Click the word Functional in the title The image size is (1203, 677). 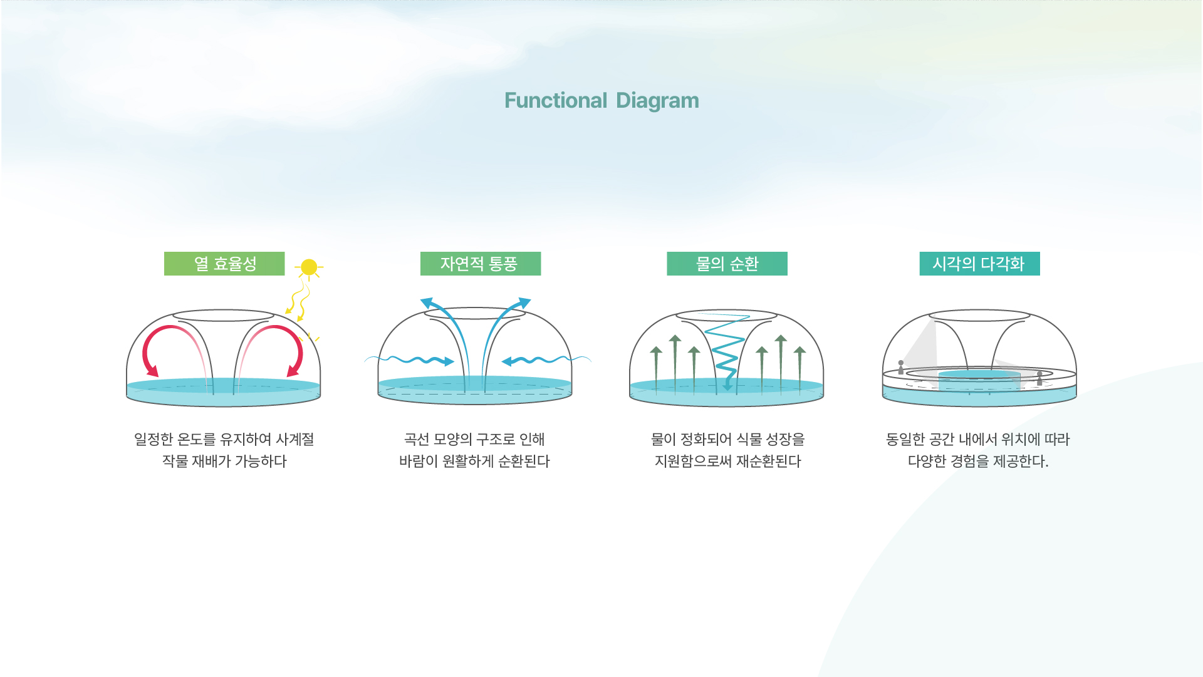point(556,101)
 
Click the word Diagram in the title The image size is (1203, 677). point(657,101)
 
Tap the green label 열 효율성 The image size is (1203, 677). point(224,264)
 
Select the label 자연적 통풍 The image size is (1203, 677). point(481,264)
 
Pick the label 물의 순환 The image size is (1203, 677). point(727,264)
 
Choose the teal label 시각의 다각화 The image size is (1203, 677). point(980,264)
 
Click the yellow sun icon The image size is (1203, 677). point(309,267)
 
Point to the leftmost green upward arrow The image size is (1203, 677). point(656,370)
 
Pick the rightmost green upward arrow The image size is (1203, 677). point(799,370)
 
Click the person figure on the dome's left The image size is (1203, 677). point(901,367)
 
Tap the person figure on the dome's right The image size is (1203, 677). point(1039,378)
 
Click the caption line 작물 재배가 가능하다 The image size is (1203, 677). point(224,462)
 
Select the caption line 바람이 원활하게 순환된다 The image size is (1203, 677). point(474,462)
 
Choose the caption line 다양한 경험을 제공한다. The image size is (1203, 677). point(978,462)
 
